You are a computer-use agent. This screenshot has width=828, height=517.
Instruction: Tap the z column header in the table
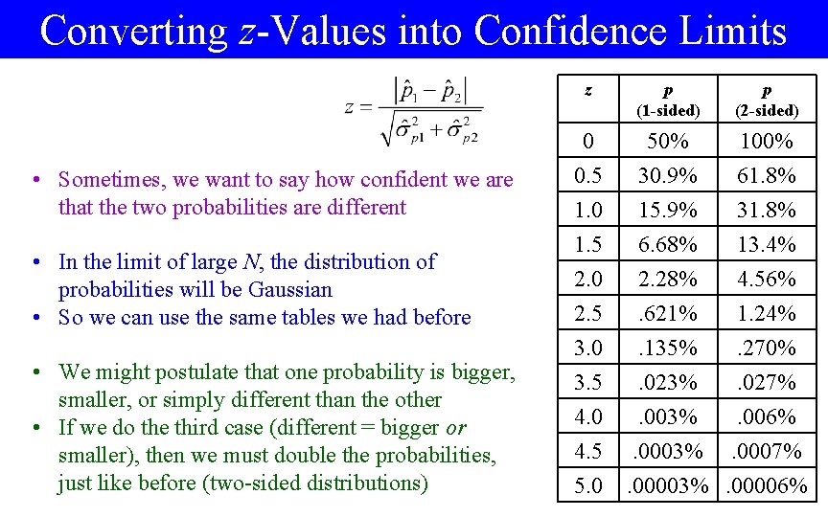(x=587, y=91)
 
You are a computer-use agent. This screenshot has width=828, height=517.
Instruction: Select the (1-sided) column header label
(x=667, y=111)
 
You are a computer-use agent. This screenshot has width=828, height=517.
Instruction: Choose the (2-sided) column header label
(x=766, y=111)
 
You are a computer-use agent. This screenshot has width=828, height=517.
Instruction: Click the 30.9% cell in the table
(x=667, y=175)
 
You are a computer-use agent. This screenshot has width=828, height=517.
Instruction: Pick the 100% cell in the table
(x=766, y=142)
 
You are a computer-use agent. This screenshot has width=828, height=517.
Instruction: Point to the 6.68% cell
(x=667, y=244)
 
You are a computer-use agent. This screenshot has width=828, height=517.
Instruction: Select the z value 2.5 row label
(x=587, y=313)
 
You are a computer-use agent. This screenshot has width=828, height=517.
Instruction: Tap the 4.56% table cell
(x=766, y=279)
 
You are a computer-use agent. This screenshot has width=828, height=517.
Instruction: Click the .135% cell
(x=667, y=348)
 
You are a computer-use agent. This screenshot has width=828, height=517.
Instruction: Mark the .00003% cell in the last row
(x=667, y=486)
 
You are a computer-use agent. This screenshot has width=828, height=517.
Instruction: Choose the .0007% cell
(x=766, y=451)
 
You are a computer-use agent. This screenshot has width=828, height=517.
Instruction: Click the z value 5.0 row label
(x=587, y=486)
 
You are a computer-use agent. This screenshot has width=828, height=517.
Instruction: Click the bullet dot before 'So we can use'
(x=34, y=318)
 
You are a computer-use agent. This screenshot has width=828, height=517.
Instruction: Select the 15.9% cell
(x=667, y=210)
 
